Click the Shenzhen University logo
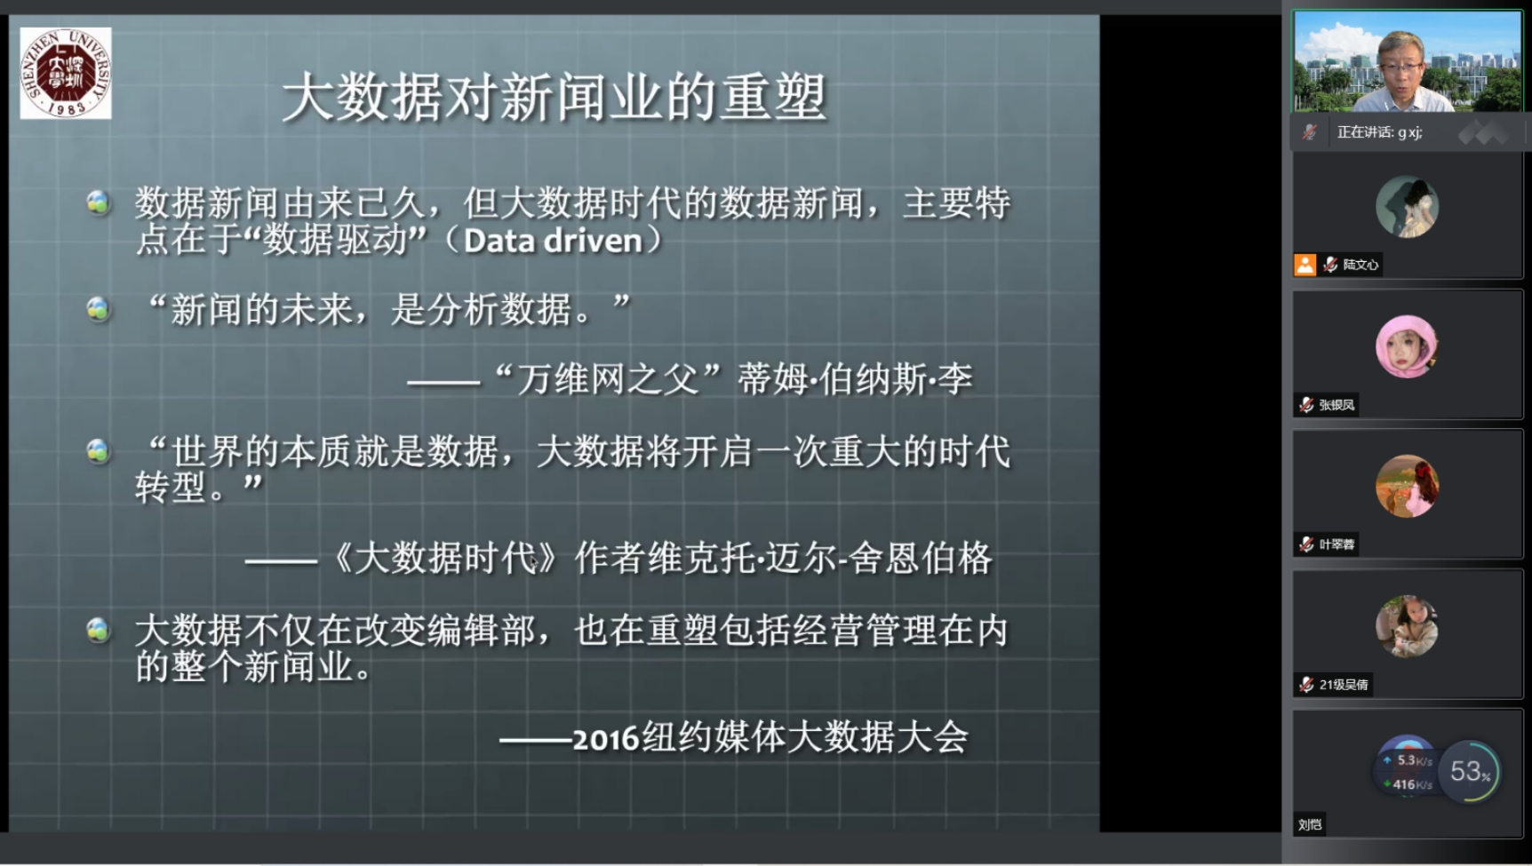[66, 73]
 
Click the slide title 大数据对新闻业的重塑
[555, 97]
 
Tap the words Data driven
[553, 241]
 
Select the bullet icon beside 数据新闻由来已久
[98, 203]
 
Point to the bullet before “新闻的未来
[98, 309]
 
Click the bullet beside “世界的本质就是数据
[98, 451]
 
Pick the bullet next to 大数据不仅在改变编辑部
[98, 630]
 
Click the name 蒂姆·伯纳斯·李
[855, 380]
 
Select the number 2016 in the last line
[606, 739]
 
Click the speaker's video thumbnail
[1407, 61]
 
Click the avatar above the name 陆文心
[1407, 207]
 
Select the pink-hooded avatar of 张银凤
[1407, 346]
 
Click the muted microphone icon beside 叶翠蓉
[1306, 544]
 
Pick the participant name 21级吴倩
[1344, 685]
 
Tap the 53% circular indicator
[1470, 771]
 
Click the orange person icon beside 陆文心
[1305, 265]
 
